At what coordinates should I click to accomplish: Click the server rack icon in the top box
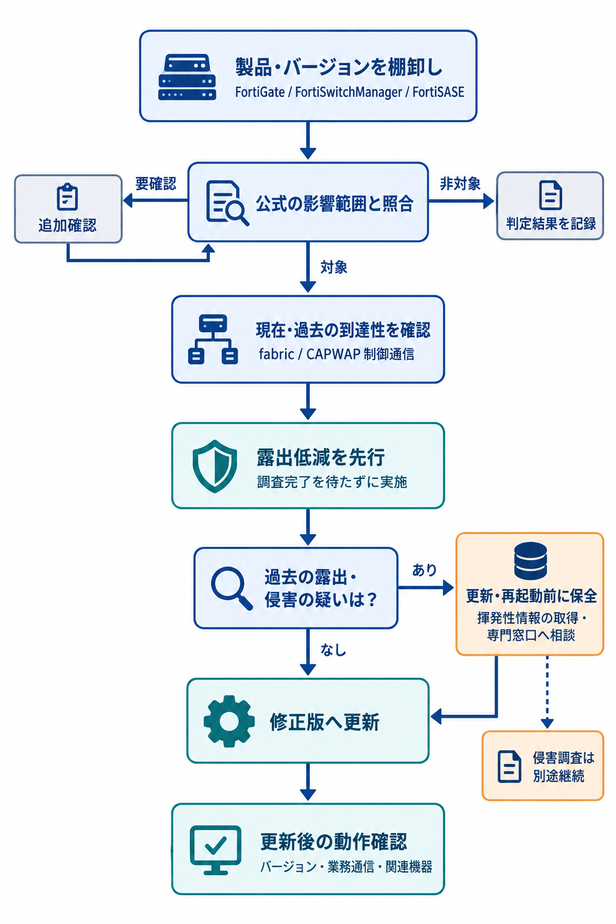click(187, 77)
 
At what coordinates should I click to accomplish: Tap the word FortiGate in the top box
click(260, 92)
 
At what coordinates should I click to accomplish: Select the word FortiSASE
click(438, 92)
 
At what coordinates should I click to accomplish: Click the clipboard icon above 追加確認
click(67, 197)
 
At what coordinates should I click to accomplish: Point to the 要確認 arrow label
click(156, 183)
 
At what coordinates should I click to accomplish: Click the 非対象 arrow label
click(460, 183)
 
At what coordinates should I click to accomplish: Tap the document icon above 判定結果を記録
click(550, 195)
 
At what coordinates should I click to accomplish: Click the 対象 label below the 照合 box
click(334, 267)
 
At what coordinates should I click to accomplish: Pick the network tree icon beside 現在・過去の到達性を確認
click(213, 339)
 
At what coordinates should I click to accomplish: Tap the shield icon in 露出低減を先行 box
click(215, 466)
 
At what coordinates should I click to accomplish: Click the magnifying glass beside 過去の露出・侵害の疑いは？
click(232, 588)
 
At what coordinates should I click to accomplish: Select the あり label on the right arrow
click(424, 570)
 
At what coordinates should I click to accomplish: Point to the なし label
click(333, 650)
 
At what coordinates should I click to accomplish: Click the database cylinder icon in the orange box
click(531, 561)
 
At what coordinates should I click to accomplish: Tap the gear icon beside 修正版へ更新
click(229, 721)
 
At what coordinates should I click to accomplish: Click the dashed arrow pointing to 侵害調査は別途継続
click(547, 692)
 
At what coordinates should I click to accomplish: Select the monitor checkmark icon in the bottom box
click(215, 850)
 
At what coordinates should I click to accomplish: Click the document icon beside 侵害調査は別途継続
click(509, 766)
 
